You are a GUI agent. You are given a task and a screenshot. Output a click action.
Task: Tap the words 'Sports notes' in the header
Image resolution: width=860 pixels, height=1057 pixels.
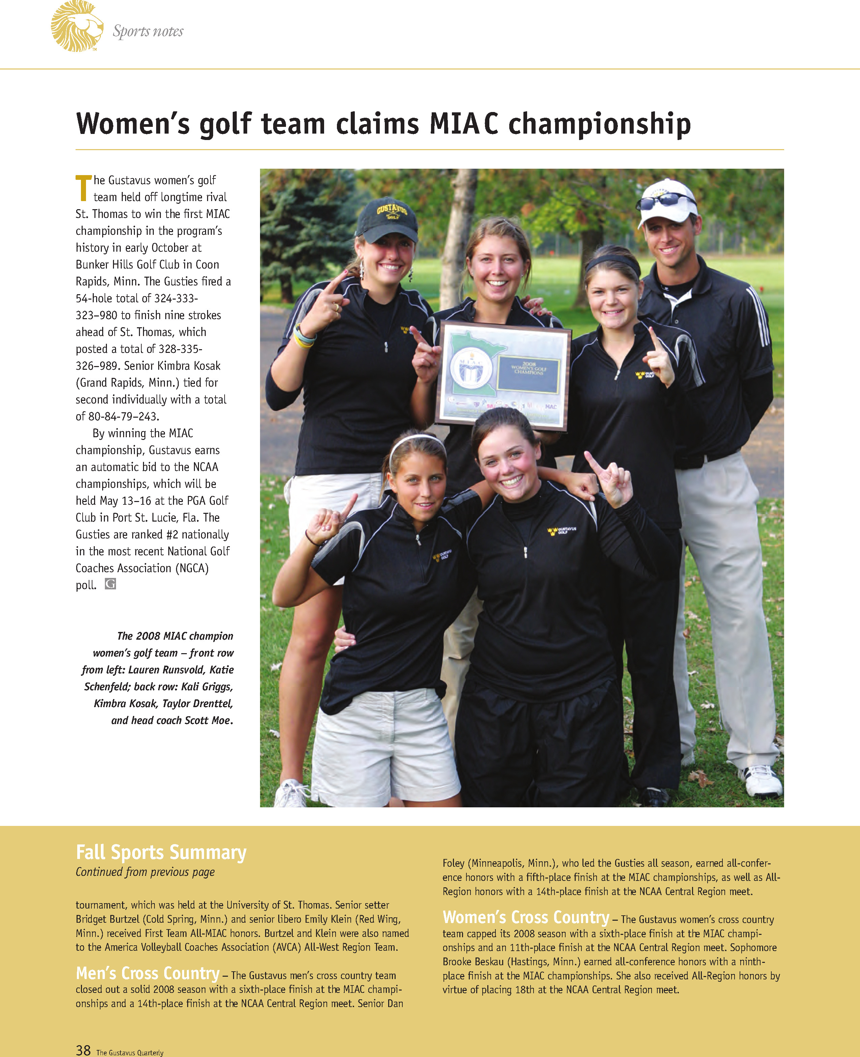(x=148, y=31)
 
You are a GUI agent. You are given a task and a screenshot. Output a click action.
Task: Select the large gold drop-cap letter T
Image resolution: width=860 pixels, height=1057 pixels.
(x=83, y=188)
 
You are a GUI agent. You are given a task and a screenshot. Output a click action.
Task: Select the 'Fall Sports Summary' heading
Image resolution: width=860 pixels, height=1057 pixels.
(x=161, y=852)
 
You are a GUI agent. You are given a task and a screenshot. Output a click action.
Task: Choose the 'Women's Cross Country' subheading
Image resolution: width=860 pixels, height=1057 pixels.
(x=525, y=917)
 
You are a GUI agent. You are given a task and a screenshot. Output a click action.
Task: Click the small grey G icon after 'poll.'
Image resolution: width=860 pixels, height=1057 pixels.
(x=111, y=584)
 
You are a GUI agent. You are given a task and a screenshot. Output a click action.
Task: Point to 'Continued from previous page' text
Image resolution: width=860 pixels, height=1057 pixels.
(x=145, y=872)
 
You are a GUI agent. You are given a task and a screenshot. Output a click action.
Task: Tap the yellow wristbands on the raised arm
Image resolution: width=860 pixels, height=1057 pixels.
(x=303, y=337)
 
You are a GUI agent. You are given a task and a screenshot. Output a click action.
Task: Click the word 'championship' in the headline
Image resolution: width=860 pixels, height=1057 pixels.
(x=599, y=123)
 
